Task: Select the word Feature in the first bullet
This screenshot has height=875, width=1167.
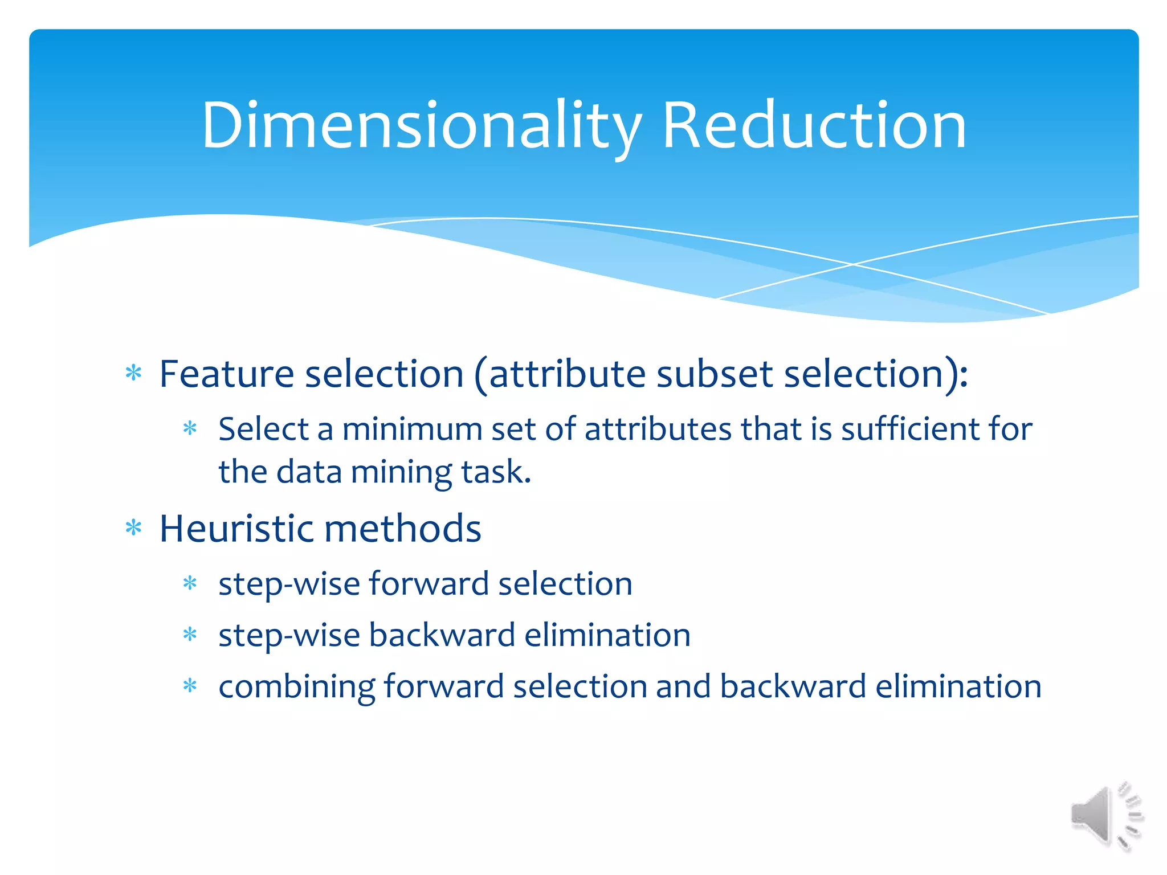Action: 226,374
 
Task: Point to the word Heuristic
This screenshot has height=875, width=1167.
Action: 236,529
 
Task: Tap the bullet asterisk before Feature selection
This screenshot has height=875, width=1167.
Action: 133,374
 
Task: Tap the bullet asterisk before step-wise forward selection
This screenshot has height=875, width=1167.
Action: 190,584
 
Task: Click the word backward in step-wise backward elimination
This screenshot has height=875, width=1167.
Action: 442,635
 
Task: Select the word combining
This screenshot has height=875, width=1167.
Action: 296,686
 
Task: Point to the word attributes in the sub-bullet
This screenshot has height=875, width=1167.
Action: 658,429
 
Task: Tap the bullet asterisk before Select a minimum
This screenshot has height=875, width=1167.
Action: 190,429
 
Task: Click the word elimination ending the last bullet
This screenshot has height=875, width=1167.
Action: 958,686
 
